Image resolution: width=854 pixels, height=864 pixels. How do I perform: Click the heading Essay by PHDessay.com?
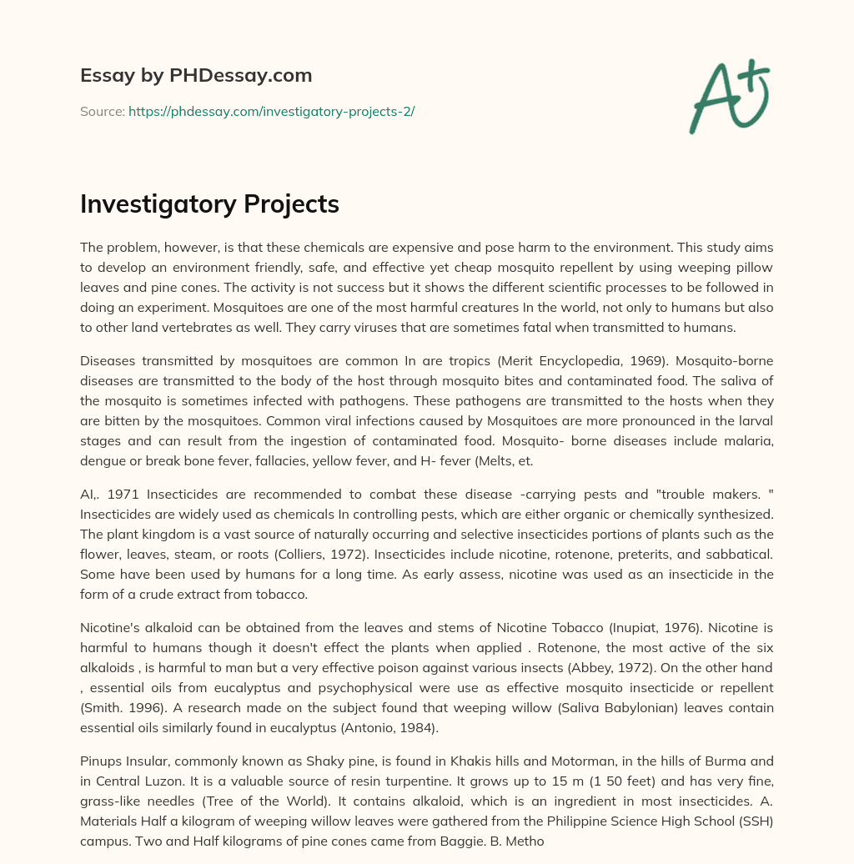[196, 76]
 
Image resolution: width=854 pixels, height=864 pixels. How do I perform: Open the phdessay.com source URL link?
[271, 111]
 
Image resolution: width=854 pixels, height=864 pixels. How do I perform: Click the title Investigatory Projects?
[209, 203]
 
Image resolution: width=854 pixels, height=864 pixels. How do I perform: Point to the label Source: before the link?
[102, 111]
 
